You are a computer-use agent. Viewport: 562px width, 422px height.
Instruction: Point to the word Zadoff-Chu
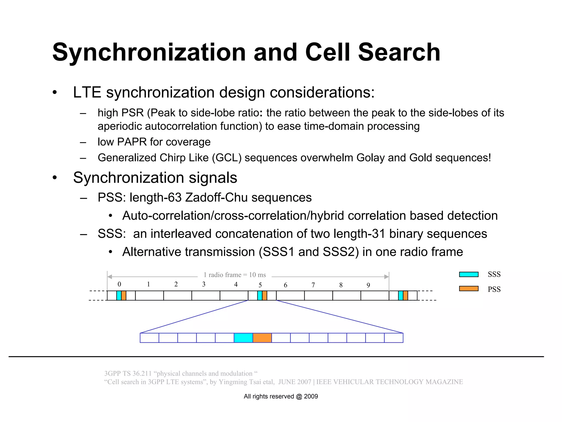[x=217, y=198]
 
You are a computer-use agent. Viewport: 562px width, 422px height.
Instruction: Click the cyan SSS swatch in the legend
[x=469, y=274]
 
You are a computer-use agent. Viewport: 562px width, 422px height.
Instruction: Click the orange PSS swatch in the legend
[x=469, y=289]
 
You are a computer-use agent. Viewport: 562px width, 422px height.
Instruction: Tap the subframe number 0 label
[x=119, y=284]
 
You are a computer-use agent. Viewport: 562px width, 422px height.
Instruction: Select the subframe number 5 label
[x=260, y=285]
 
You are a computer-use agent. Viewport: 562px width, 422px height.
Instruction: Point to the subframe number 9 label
[x=368, y=285]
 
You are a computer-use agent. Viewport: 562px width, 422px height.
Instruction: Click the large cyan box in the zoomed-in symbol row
[x=243, y=338]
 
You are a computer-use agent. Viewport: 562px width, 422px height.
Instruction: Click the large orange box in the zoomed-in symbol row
[x=262, y=338]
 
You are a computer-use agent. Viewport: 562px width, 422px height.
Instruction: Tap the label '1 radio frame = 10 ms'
[x=235, y=275]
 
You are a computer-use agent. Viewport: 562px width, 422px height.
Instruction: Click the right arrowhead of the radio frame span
[x=387, y=277]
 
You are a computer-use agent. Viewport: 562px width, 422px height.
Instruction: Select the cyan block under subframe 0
[x=119, y=296]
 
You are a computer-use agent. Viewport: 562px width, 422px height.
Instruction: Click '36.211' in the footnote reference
[x=142, y=374]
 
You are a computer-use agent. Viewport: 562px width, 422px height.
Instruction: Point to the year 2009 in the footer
[x=311, y=396]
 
